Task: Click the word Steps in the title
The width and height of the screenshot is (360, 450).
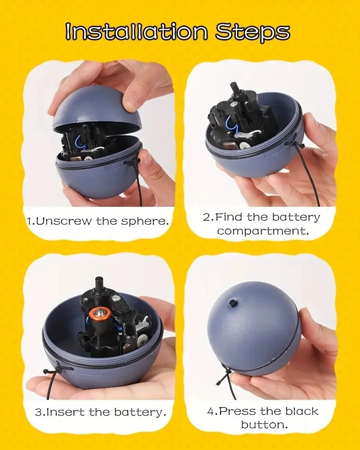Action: pos(252,32)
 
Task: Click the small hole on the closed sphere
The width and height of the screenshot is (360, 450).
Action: pos(233,303)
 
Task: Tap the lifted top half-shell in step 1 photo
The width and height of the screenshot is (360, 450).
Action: pos(90,106)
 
